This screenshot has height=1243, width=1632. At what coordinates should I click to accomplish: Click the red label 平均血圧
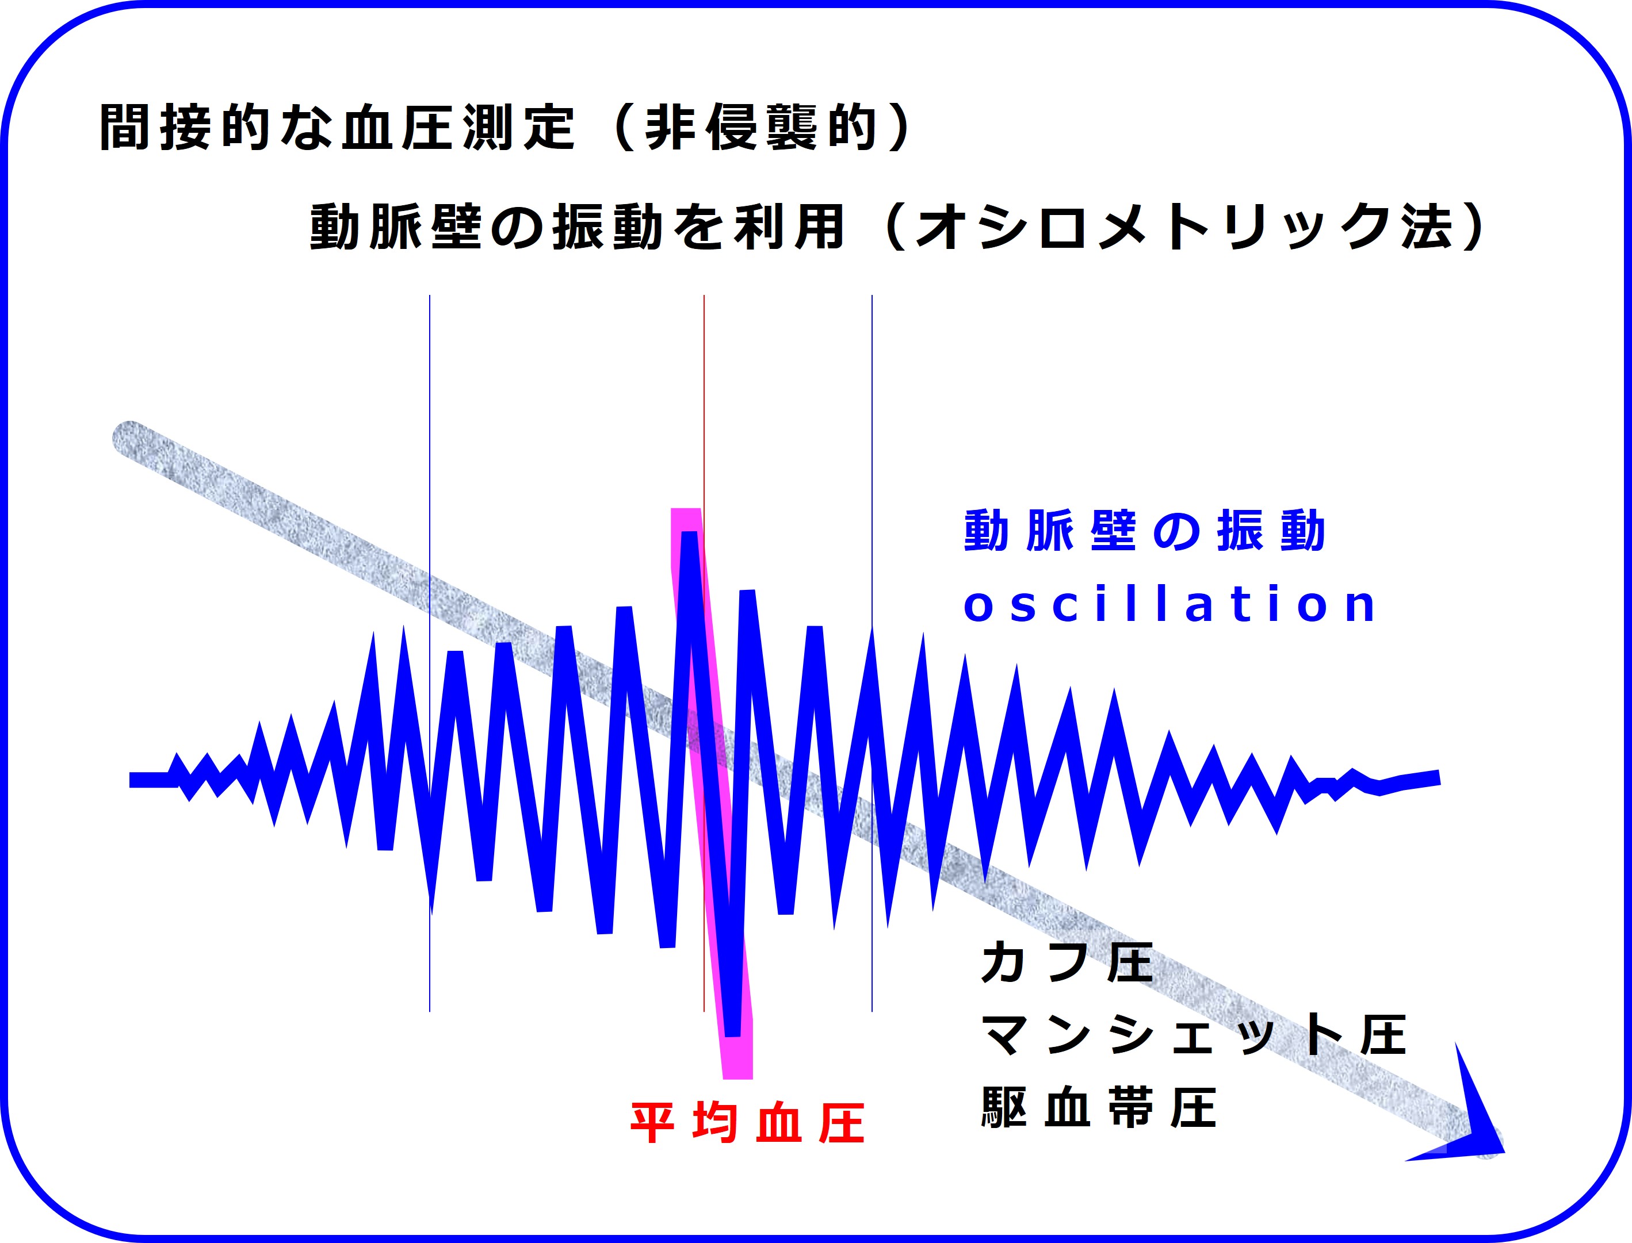click(x=747, y=1123)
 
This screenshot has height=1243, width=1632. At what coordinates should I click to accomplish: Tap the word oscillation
click(x=1169, y=604)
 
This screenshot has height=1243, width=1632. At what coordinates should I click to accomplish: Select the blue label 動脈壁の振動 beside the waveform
click(x=1144, y=531)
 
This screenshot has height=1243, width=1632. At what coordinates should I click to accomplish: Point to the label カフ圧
click(x=1067, y=962)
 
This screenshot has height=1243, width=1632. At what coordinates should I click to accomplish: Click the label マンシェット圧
click(x=1194, y=1035)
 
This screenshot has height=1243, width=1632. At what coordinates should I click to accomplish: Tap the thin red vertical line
click(x=704, y=653)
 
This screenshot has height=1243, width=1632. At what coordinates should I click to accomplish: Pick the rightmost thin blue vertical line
click(x=872, y=653)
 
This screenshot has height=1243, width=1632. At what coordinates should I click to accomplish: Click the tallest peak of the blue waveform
click(x=689, y=534)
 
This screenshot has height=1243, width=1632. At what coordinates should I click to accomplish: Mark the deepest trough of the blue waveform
click(x=733, y=1032)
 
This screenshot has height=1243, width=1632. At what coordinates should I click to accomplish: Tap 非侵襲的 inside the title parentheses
click(x=761, y=127)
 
